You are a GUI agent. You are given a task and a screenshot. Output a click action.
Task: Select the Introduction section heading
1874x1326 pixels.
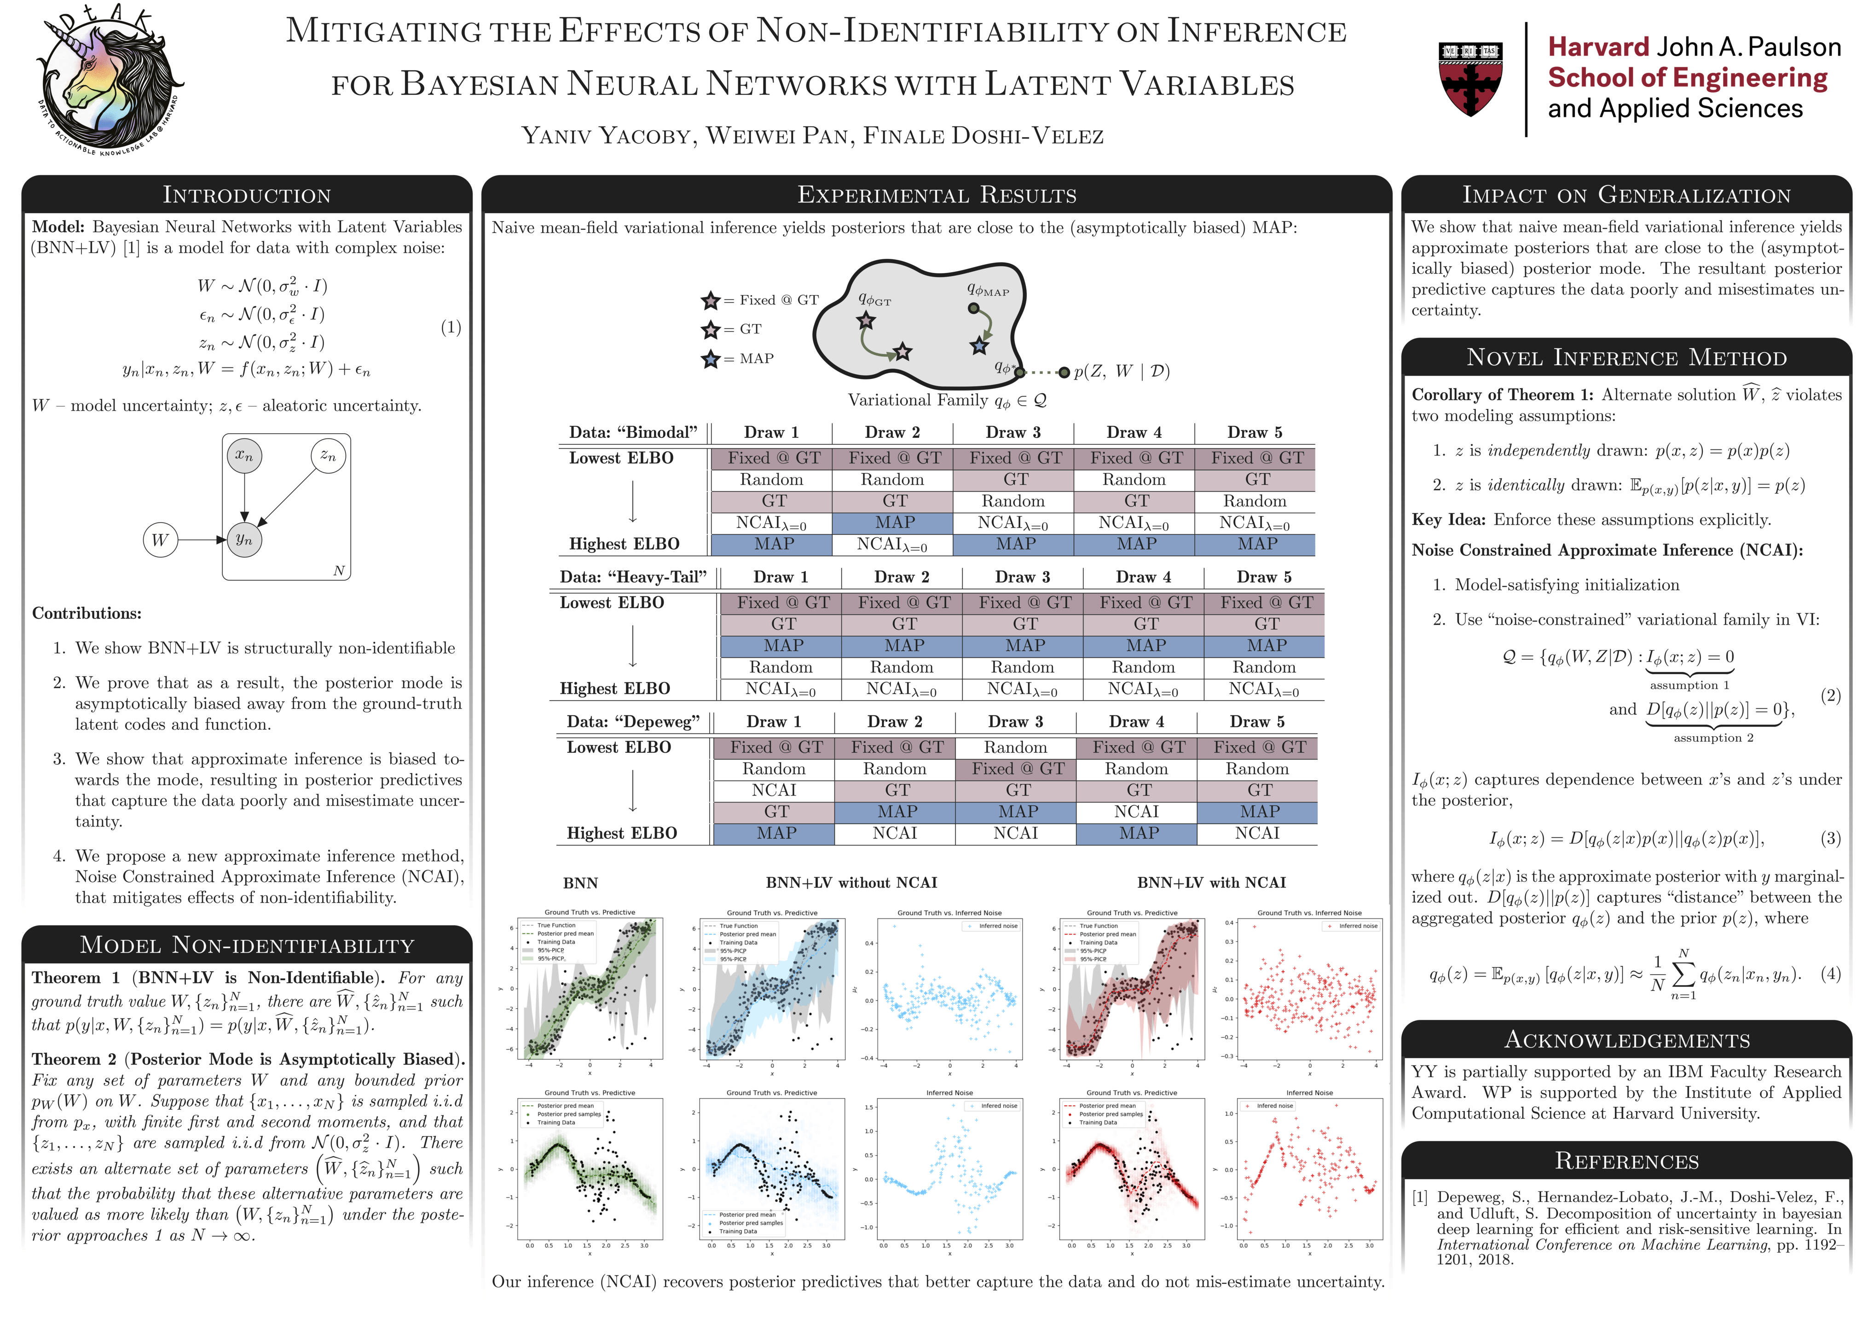click(247, 195)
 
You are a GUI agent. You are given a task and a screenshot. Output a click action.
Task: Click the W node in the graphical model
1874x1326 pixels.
click(160, 540)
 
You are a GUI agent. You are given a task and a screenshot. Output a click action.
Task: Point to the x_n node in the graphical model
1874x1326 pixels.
click(244, 455)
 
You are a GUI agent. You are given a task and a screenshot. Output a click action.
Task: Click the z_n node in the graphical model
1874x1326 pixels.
click(328, 455)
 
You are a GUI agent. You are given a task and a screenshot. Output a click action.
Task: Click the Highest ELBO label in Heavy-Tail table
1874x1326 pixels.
click(614, 688)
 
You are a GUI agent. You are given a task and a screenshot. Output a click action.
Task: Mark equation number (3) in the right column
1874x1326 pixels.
click(1830, 838)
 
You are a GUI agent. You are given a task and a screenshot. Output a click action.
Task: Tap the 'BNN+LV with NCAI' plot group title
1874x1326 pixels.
click(1211, 883)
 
